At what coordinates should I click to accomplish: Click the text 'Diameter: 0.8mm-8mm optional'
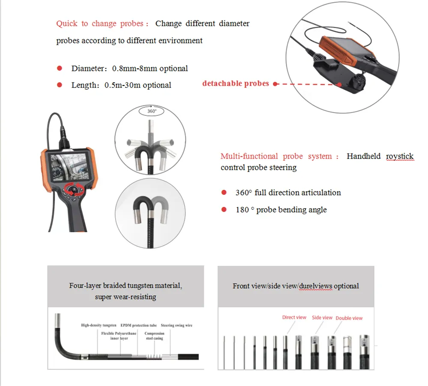(x=129, y=68)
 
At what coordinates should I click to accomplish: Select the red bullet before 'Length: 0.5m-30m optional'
(x=60, y=85)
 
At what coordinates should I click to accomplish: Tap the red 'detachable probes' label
(x=235, y=84)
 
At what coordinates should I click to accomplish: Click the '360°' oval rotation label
(x=152, y=111)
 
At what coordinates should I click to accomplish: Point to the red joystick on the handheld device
(x=74, y=189)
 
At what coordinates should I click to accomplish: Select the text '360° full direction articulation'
(x=288, y=193)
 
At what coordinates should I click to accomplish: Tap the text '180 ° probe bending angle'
(x=281, y=210)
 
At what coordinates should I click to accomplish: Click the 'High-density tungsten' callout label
(x=99, y=325)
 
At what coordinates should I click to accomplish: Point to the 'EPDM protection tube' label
(x=139, y=325)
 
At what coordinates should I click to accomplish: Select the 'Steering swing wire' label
(x=176, y=325)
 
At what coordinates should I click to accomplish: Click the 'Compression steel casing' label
(x=154, y=336)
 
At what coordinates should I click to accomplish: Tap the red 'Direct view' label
(x=294, y=317)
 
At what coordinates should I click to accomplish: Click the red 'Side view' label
(x=322, y=318)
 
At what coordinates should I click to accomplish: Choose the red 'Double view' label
(x=349, y=318)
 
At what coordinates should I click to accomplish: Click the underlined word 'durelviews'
(x=315, y=286)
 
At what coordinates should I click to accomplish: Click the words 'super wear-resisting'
(x=125, y=297)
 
